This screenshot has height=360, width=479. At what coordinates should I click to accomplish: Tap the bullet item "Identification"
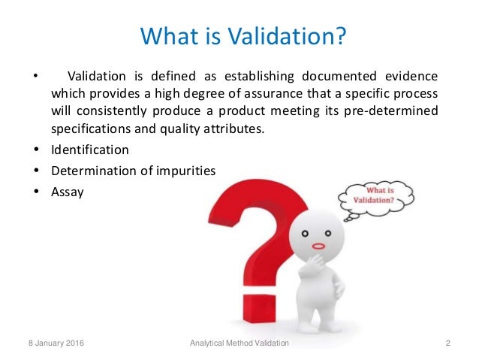point(89,149)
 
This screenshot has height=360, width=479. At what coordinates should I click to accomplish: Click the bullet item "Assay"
point(67,192)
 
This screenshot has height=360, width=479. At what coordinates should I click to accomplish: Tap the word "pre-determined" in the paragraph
point(397,112)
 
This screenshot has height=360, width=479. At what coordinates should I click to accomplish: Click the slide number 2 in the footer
point(447,343)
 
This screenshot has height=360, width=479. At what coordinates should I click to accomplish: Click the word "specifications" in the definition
point(89,129)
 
